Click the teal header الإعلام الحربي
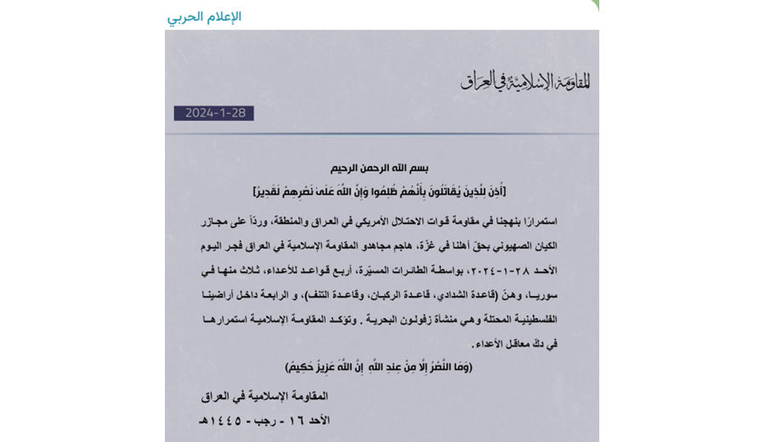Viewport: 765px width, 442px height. [x=204, y=16]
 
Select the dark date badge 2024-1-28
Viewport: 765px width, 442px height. [x=213, y=113]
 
